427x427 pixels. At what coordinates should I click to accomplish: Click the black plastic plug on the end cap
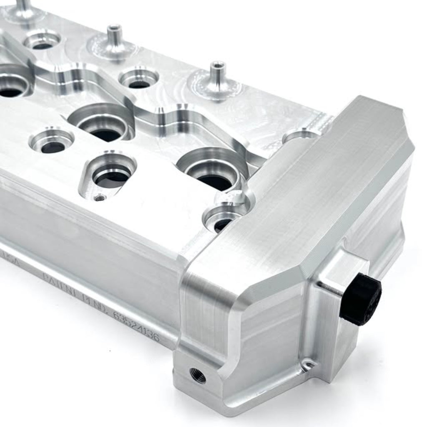click(361, 300)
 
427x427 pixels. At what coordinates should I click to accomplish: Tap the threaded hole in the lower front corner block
click(198, 375)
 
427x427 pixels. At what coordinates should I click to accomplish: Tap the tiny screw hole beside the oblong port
click(99, 198)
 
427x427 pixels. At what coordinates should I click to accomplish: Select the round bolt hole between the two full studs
click(139, 79)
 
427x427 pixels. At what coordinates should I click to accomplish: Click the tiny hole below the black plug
click(308, 365)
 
